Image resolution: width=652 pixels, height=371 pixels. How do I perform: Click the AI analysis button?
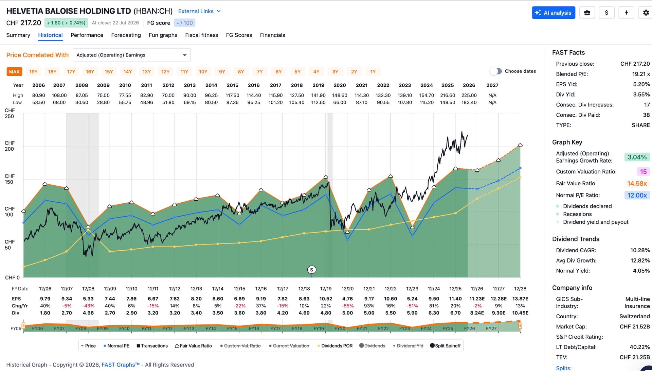(554, 13)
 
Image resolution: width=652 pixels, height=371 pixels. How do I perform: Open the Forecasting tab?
(126, 35)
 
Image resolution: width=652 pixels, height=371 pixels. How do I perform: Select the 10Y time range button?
(203, 72)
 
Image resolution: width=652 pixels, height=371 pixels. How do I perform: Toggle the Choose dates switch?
(496, 71)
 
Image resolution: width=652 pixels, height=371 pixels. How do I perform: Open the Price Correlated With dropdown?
(131, 55)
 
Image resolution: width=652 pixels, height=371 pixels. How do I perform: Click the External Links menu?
(199, 11)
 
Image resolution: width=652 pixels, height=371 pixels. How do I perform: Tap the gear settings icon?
(646, 13)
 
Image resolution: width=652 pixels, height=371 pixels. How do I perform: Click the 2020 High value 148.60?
(340, 96)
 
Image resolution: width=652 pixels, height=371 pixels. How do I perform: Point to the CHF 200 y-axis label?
(10, 146)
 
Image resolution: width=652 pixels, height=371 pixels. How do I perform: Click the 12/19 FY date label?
(326, 289)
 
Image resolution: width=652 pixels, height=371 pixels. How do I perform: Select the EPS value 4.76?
(347, 299)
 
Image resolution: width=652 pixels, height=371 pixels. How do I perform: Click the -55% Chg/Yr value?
(347, 306)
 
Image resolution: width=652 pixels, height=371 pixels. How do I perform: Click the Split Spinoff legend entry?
(445, 346)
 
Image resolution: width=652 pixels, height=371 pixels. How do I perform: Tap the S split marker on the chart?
(312, 270)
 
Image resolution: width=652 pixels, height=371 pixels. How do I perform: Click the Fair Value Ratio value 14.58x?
(637, 184)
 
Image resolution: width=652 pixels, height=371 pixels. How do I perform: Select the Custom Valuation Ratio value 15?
(643, 172)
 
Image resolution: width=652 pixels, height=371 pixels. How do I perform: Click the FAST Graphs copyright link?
(121, 365)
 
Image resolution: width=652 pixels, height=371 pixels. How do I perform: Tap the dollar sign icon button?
(606, 13)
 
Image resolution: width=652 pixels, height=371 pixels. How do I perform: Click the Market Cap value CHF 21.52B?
(635, 326)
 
